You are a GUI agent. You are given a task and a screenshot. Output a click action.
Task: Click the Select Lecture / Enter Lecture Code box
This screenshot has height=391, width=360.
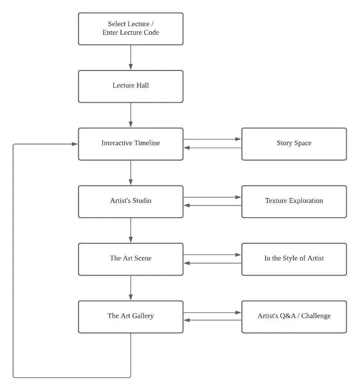click(x=131, y=29)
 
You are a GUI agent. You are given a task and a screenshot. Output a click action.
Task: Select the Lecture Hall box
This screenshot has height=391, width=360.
click(x=131, y=87)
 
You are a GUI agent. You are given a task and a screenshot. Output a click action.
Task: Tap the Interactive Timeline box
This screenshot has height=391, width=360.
click(x=131, y=144)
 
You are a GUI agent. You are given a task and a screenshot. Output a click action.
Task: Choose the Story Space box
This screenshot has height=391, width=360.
click(x=294, y=144)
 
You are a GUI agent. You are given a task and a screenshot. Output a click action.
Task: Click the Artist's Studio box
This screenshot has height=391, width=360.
click(x=131, y=202)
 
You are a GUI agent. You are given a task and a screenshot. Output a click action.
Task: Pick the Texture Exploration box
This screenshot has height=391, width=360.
click(x=294, y=202)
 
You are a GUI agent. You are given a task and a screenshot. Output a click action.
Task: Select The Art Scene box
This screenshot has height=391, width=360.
click(x=131, y=259)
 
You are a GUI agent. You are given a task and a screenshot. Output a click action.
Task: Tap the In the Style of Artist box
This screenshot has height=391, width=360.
click(x=294, y=259)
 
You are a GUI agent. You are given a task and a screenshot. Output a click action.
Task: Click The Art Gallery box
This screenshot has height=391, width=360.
click(x=131, y=317)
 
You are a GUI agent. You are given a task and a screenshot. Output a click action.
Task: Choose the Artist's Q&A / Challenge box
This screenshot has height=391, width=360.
click(x=294, y=317)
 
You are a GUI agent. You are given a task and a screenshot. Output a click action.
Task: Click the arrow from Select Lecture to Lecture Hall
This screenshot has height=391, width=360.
click(x=131, y=57)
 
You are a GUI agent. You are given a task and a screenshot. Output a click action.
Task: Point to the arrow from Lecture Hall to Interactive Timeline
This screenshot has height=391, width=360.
click(x=131, y=115)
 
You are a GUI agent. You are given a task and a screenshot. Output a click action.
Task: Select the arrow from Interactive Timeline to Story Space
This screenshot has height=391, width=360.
click(x=212, y=139)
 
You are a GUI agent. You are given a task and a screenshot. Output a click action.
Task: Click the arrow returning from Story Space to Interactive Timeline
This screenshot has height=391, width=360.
click(x=212, y=148)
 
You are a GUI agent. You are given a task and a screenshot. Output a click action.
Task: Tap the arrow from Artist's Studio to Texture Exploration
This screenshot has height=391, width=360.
click(x=212, y=197)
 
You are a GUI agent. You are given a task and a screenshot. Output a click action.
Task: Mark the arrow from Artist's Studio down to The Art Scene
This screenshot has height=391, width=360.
click(x=131, y=230)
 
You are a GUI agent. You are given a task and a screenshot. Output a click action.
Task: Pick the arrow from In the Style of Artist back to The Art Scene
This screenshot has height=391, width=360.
click(x=212, y=263)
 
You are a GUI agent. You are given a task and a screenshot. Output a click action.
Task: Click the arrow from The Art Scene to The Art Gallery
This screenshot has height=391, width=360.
click(x=131, y=288)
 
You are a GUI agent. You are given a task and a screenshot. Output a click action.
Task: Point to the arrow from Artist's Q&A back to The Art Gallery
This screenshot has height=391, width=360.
click(x=212, y=320)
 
